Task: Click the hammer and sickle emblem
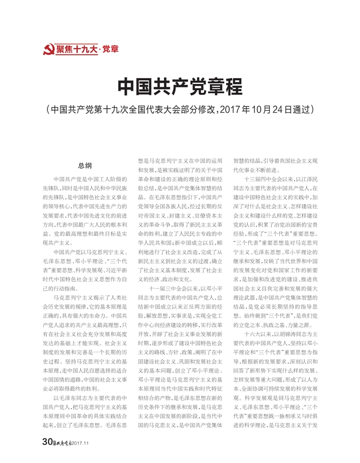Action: [48, 50]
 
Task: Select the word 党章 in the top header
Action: [111, 50]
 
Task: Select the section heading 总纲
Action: [85, 165]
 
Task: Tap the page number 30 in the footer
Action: [47, 441]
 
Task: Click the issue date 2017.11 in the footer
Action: [82, 442]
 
